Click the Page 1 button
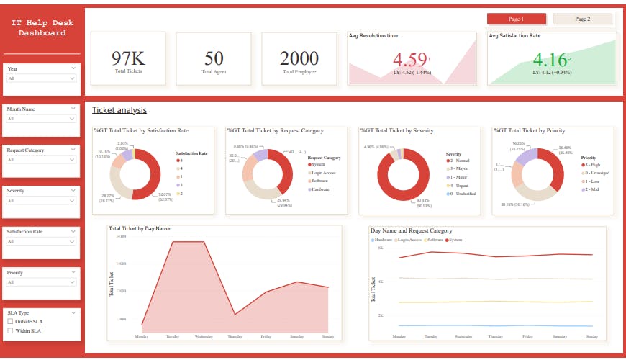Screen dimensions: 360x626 516,19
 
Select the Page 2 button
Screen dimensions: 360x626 582,19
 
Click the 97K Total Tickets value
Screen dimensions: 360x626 128,58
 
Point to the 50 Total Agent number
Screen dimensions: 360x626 214,58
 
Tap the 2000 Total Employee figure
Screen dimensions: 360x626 299,58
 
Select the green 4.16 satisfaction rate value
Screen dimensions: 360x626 550,58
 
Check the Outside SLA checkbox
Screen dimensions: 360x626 10,322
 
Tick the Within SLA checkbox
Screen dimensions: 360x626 10,330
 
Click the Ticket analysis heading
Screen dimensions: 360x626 119,110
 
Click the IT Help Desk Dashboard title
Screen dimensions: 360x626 42,28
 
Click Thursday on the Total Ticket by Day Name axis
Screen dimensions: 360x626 235,336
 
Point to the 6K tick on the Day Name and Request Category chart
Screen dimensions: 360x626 380,248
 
